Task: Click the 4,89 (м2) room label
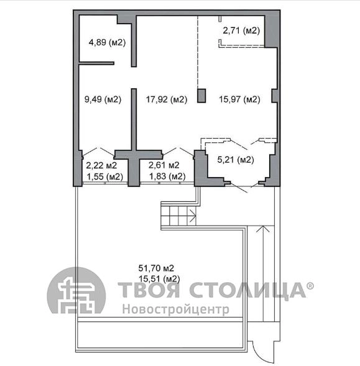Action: pos(107,42)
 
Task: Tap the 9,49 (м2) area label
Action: pos(103,99)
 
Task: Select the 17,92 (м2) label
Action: pos(167,99)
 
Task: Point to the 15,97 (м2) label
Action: pos(239,99)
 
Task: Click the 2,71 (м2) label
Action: pos(241,30)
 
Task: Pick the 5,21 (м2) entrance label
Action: pos(236,160)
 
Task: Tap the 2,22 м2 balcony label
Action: pos(101,165)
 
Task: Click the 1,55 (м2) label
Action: pos(104,176)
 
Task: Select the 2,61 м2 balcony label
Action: pos(164,165)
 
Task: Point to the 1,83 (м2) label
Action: pos(167,176)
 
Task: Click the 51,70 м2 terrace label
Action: pos(156,268)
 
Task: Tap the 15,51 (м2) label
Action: pos(159,279)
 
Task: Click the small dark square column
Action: pos(201,96)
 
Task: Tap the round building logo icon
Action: pos(76,291)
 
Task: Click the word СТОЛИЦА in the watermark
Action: pos(247,290)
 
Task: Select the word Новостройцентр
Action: pos(176,309)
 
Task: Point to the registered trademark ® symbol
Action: pos(310,286)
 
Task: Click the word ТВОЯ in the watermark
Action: pos(149,290)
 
